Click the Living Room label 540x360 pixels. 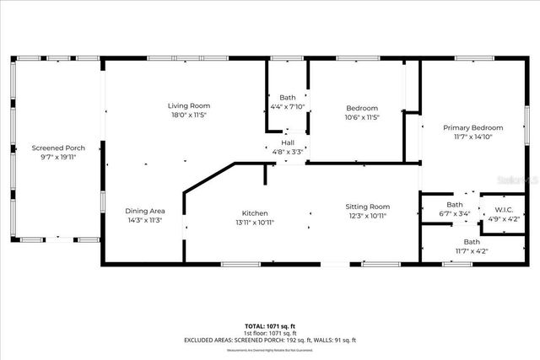188,105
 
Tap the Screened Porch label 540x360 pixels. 58,148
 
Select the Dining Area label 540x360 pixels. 144,210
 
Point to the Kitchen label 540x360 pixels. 255,213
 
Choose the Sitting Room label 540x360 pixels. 367,207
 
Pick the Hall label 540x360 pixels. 288,143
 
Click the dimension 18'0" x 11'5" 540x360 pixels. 188,115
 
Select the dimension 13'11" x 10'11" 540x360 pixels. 255,223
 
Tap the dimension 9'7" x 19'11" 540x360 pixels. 58,157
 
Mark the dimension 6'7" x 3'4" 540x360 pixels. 455,214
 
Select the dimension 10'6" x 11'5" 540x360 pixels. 363,117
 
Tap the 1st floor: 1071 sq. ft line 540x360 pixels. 270,333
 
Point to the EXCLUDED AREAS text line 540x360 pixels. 270,340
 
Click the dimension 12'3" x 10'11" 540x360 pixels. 367,216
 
